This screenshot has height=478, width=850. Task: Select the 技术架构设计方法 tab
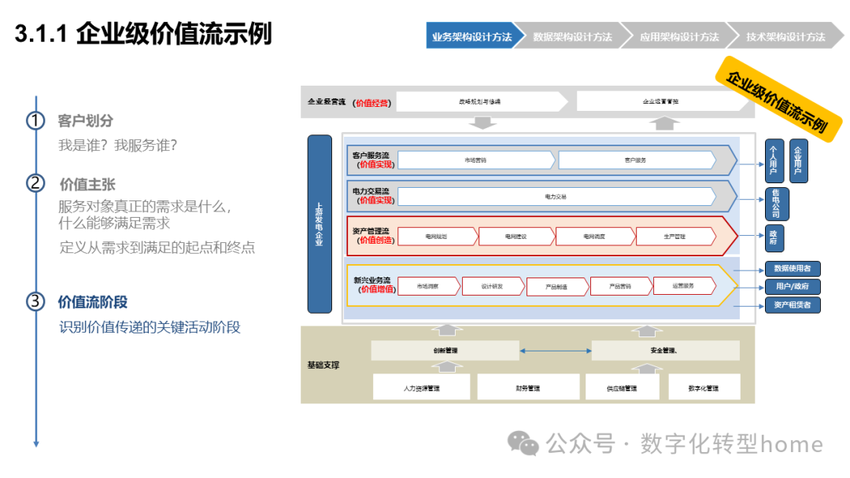coord(785,36)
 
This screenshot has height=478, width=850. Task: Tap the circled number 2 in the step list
coord(35,183)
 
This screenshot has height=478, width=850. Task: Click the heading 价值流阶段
coord(93,303)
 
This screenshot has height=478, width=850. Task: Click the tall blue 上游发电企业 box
coord(320,224)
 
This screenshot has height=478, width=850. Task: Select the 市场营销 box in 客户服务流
coord(475,160)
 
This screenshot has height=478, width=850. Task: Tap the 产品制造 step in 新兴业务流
coord(556,287)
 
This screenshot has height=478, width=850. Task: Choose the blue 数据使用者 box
coord(793,269)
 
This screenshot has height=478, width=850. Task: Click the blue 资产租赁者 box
coord(793,305)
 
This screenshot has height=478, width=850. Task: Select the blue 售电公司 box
coord(776,204)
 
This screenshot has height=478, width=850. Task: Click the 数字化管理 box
coord(703,388)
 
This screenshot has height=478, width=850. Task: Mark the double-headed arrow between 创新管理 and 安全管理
coord(555,351)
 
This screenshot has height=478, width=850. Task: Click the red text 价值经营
coord(371,102)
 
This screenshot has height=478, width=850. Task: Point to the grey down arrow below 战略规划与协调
coord(482,123)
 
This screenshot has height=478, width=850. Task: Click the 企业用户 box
coord(799,160)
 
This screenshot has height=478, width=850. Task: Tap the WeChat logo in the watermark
coord(523,444)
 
